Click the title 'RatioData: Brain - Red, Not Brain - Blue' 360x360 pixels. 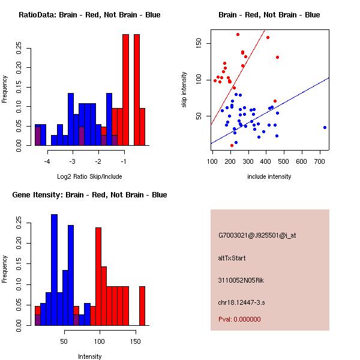coord(89,15)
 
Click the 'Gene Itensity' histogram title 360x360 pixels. coord(89,195)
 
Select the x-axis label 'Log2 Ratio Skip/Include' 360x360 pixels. coord(89,176)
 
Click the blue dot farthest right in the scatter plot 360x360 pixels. coord(325,127)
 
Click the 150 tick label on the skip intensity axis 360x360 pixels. coord(199,43)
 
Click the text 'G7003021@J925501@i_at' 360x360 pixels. coord(257,235)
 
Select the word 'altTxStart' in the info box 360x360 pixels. coord(232,258)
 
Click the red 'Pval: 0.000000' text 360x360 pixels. coord(243,319)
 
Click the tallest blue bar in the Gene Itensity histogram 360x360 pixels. coord(54,270)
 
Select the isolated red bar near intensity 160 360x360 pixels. coord(142,305)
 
